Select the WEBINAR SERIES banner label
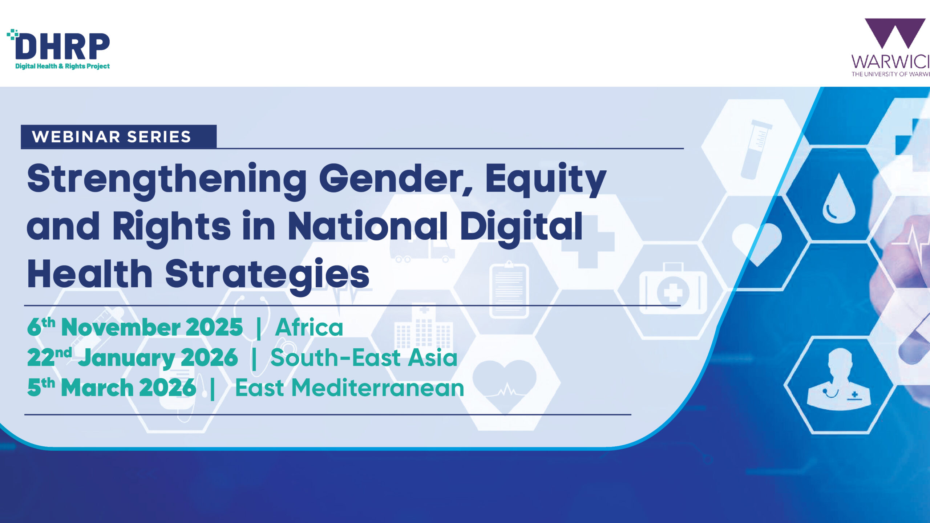112,137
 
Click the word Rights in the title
171,228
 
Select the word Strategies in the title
267,275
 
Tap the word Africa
309,327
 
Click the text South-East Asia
364,357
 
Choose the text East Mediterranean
349,388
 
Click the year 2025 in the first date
214,327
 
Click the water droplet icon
839,199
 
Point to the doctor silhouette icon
839,380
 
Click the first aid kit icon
673,289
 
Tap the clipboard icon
509,289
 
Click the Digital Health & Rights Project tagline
62,66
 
